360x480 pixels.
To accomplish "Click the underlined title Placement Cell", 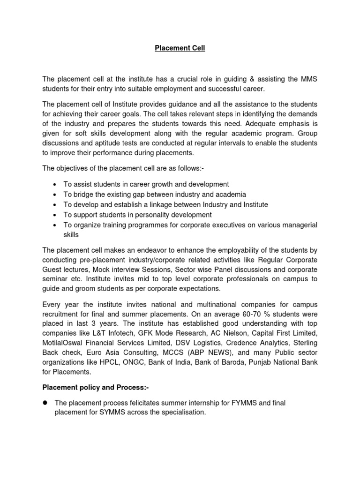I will (x=180, y=48).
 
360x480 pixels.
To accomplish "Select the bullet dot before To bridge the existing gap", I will (x=55, y=195).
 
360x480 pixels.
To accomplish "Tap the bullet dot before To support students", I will (x=55, y=215).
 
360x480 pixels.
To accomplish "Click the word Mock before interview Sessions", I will (x=102, y=270).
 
